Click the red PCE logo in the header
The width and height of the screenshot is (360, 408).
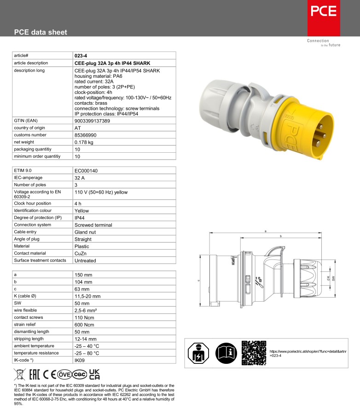(x=324, y=18)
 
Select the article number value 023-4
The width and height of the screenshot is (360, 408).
(x=81, y=56)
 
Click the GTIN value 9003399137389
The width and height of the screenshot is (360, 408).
(x=92, y=121)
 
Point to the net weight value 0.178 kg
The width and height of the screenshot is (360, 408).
(x=84, y=142)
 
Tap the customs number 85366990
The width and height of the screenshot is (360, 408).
(x=86, y=135)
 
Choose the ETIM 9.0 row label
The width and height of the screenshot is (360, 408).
(x=23, y=171)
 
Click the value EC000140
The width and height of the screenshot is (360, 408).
(x=86, y=171)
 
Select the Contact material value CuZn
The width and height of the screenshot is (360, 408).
(x=81, y=253)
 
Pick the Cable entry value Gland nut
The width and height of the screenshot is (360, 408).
(x=85, y=232)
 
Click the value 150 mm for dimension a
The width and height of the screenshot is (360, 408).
(x=83, y=275)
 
